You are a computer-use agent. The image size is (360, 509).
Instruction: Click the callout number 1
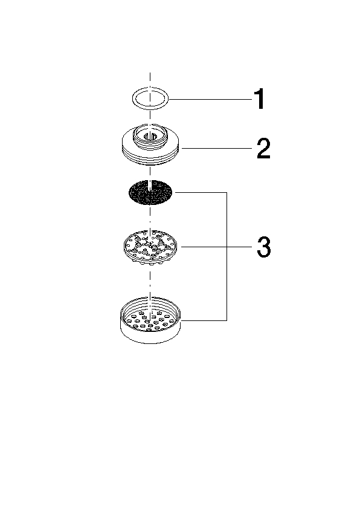(260, 99)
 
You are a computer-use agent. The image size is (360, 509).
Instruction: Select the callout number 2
(263, 149)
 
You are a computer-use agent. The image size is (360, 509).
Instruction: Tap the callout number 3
(264, 247)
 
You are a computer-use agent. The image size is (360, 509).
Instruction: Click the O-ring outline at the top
(150, 88)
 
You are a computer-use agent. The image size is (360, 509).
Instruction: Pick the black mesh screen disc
(150, 192)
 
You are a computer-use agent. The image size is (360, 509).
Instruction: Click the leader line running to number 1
(211, 99)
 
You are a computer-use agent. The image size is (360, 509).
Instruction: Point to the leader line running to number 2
(217, 148)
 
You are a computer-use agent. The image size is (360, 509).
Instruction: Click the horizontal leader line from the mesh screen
(201, 192)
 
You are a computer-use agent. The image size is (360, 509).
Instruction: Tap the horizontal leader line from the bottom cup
(204, 320)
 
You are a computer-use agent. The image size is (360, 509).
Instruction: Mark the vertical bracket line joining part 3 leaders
(227, 256)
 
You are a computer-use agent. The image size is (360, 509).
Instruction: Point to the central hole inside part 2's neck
(150, 137)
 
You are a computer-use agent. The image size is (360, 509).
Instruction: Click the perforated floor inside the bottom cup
(150, 321)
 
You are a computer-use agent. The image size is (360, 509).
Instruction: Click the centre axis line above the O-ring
(150, 80)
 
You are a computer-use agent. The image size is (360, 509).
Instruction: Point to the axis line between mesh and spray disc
(150, 218)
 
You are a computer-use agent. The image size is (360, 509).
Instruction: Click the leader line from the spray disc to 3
(217, 247)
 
